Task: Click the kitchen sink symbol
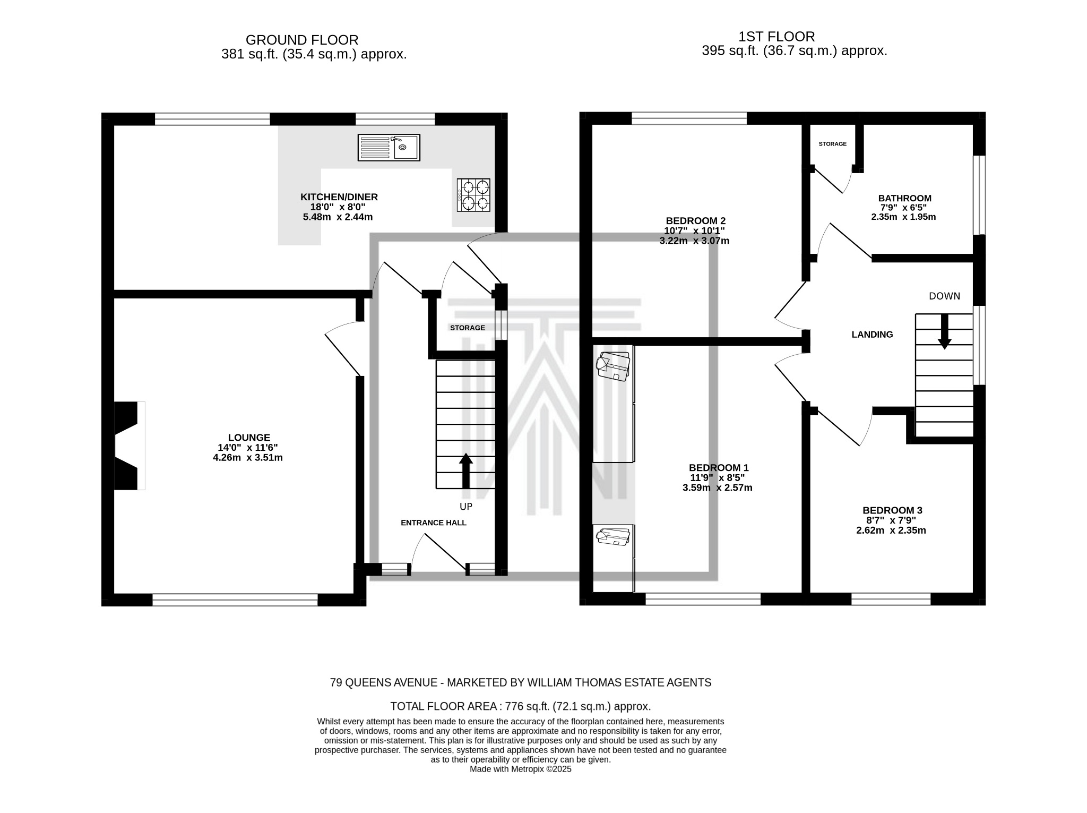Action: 389,147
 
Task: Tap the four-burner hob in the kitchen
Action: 473,195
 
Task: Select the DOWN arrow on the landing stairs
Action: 944,331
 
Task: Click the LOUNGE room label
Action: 249,438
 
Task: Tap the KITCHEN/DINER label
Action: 339,197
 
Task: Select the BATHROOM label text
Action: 904,198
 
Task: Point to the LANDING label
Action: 872,335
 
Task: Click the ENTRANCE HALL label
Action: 433,523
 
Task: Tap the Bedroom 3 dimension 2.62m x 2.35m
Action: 891,530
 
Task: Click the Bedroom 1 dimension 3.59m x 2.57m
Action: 717,487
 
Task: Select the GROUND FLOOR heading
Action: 302,40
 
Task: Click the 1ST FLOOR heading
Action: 776,37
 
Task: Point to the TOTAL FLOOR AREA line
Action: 520,706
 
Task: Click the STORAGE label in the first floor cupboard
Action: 832,144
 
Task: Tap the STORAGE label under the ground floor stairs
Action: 467,328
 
